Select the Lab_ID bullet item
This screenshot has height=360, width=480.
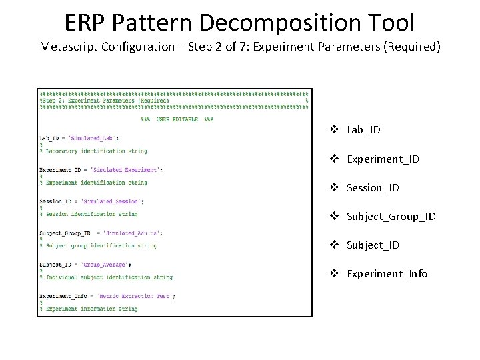pos(363,130)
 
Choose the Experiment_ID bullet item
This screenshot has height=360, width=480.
pos(383,159)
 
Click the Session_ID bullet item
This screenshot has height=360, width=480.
pos(373,188)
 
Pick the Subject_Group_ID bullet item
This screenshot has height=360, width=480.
pos(391,217)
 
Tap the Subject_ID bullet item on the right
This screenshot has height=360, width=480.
pos(373,245)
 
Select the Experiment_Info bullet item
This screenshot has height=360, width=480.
pos(387,274)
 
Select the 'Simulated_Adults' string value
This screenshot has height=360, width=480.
pos(132,233)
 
